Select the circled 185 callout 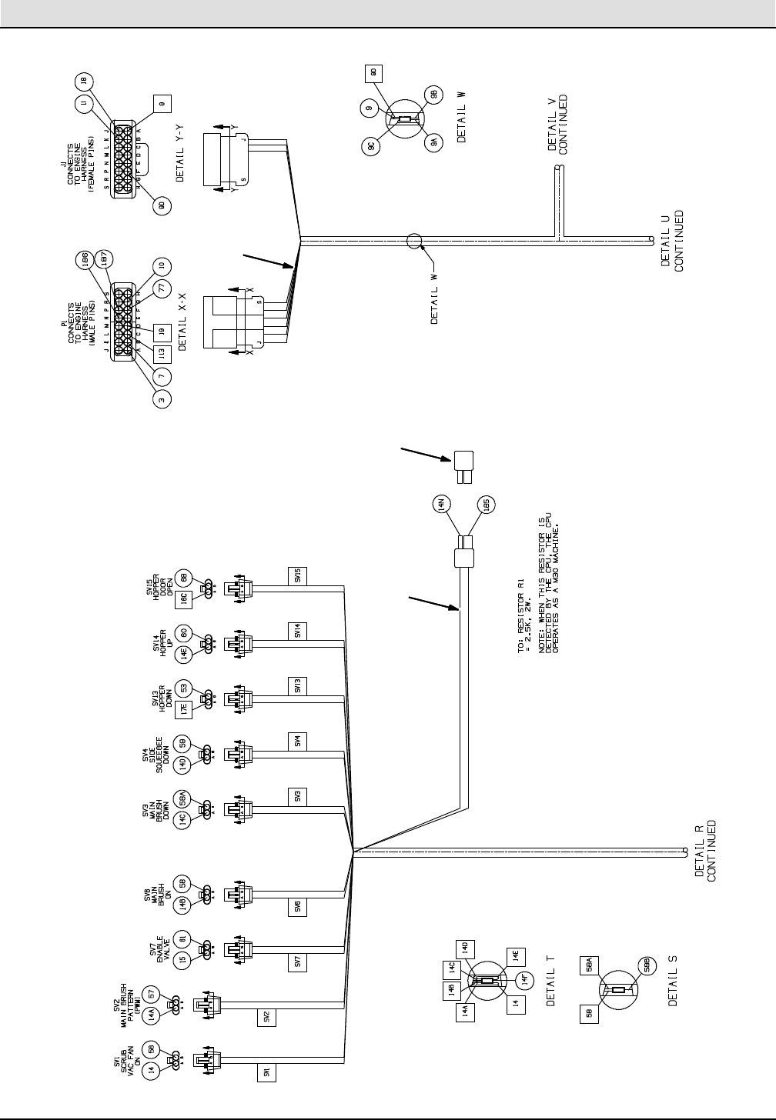click(486, 505)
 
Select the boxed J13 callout click(161, 355)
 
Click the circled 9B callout click(433, 95)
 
